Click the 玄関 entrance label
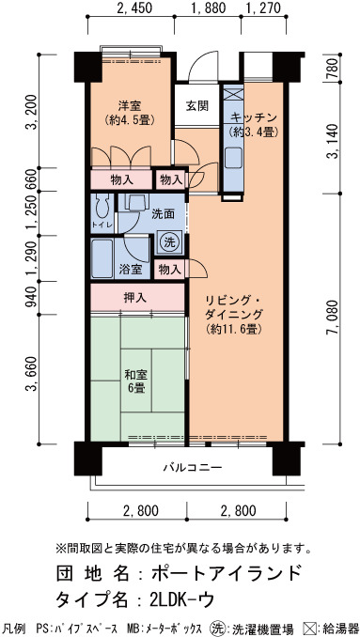pos(197,106)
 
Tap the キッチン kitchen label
pos(253,118)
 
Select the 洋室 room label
pos(130,106)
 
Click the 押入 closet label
pos(135,298)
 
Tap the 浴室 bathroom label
pos(130,269)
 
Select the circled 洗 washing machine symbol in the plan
pos(169,242)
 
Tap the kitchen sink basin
pos(233,158)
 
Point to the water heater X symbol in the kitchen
pos(233,93)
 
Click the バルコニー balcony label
pos(193,467)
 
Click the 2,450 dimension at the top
pos(133,8)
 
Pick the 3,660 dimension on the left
pos(32,375)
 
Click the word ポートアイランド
pos(227,574)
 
